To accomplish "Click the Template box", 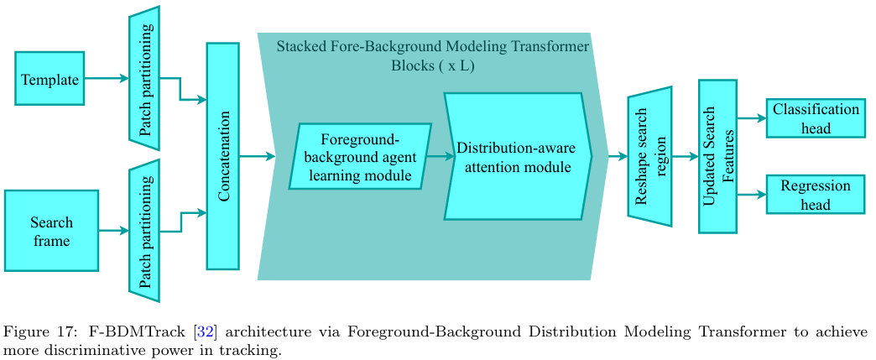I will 50,79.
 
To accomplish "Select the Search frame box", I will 51,231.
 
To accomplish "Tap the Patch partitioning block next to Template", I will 144,79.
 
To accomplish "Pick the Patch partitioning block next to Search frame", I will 144,231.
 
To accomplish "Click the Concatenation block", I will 222,156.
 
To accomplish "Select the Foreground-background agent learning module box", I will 360,156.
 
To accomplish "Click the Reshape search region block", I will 649,156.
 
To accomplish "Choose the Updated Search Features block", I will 717,156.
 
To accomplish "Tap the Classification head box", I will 815,119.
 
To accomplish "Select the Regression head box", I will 815,195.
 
